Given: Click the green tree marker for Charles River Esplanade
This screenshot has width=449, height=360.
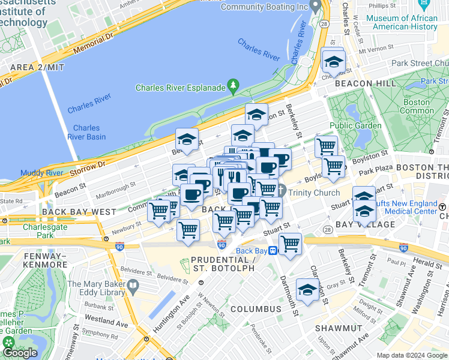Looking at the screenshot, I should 234,88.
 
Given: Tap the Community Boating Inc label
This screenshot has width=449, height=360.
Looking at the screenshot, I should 264,7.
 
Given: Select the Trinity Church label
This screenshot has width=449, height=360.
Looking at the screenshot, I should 314,193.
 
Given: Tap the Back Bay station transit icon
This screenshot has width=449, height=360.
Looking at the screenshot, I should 273,251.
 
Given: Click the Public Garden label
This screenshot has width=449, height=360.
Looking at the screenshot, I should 355,125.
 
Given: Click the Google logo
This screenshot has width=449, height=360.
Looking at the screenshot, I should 20,352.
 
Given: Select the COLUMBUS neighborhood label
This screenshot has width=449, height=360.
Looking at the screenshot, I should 255,309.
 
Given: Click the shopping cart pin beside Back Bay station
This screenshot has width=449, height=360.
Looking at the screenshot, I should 291,244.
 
